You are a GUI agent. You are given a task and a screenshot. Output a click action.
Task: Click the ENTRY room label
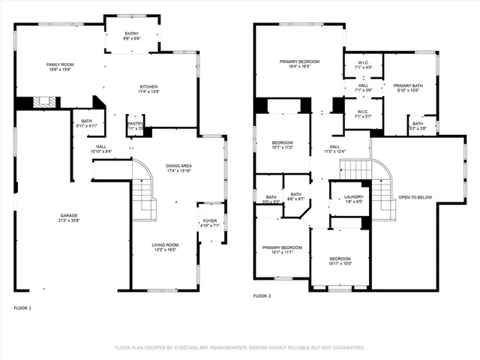click(x=131, y=33)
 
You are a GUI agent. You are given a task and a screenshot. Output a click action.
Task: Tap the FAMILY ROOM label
click(x=59, y=65)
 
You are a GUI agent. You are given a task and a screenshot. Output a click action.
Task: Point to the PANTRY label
click(x=135, y=124)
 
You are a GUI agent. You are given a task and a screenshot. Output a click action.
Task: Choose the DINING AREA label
click(x=178, y=166)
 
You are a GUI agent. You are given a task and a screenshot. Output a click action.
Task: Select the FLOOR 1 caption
click(x=22, y=307)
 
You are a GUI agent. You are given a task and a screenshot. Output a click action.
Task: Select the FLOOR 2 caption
click(x=262, y=297)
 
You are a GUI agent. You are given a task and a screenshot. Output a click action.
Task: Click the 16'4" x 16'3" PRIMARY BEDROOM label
click(x=300, y=61)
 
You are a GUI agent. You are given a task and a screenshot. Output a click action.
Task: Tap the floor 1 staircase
click(x=144, y=193)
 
